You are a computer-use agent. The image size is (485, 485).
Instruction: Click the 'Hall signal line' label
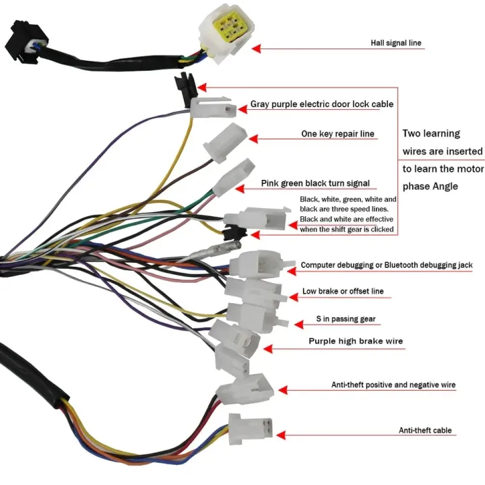point(396,43)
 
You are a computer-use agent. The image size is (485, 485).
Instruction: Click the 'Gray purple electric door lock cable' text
point(322,104)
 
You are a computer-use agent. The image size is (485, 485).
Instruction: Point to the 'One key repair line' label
point(337,134)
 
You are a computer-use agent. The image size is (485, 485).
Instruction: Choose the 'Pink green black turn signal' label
point(315,183)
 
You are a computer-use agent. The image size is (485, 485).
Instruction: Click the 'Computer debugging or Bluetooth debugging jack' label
point(386,266)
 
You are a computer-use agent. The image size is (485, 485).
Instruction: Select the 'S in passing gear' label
point(346,319)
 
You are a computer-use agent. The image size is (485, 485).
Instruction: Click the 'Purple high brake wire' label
point(356,342)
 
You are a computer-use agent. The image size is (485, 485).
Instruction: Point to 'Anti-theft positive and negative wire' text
point(393,385)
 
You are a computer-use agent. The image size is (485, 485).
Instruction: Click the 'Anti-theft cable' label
point(425,430)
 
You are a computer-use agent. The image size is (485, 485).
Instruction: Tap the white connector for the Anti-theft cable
point(249,428)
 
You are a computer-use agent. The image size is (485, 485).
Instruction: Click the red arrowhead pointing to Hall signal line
point(258,48)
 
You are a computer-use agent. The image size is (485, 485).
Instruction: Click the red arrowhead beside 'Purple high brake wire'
point(267,349)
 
